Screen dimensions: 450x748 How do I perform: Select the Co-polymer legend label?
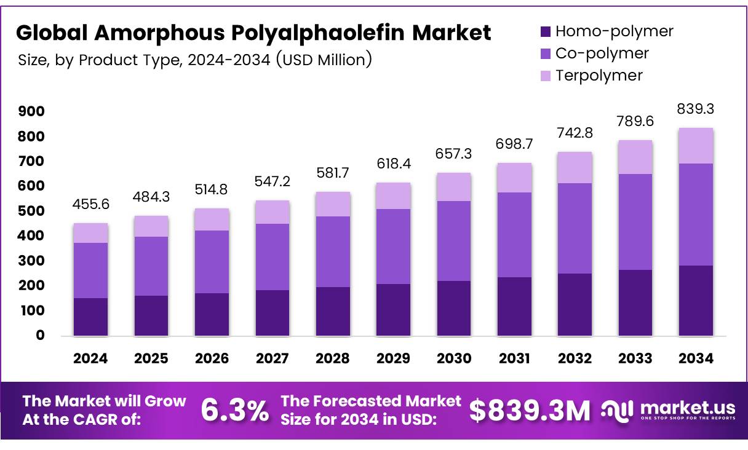tap(602, 53)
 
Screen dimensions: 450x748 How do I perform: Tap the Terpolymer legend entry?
tap(599, 76)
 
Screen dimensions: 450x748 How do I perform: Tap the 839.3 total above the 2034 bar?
tap(696, 109)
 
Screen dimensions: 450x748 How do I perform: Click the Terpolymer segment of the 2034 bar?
tap(696, 146)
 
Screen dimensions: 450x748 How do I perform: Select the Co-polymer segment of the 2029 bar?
tap(393, 246)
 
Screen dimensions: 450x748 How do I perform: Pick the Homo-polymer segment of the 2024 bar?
tap(90, 317)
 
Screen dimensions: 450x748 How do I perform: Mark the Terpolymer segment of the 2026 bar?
tap(212, 219)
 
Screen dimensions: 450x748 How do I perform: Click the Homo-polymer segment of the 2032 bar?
tap(575, 304)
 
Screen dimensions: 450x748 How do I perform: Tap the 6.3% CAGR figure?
tap(235, 411)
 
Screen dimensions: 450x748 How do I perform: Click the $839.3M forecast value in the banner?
tap(530, 411)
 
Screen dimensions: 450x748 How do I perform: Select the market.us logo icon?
tap(617, 409)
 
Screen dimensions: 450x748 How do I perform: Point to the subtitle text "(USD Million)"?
tap(324, 60)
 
